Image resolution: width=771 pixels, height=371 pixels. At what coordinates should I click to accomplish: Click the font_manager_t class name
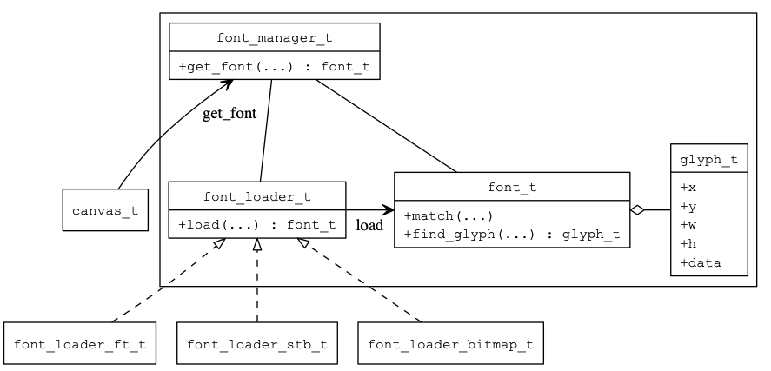pos(274,39)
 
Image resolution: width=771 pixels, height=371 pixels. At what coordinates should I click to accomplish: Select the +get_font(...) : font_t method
pos(274,66)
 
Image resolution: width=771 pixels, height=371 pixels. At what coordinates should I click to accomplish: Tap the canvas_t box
pos(105,211)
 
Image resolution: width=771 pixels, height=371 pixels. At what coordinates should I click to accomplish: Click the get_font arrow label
pos(229,114)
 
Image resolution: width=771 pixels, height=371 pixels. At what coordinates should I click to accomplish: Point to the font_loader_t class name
pos(256,196)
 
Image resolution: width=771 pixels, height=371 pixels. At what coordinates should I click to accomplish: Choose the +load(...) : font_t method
pos(256,224)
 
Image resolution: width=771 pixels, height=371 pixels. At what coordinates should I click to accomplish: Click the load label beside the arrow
pos(369,226)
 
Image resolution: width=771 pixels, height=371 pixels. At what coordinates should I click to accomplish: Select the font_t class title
pos(511,187)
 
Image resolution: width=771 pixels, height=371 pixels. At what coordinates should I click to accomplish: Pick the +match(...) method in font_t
pos(449,215)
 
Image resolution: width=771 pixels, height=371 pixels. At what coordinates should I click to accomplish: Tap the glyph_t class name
pos(708,159)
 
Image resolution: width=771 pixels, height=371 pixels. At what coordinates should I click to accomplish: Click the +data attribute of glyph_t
pos(701,262)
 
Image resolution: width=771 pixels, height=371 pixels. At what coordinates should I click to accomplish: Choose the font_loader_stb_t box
pos(256,344)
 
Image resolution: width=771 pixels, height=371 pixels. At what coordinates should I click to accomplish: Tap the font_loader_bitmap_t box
pos(449,344)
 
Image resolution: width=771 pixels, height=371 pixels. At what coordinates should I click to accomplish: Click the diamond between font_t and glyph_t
pos(638,209)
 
